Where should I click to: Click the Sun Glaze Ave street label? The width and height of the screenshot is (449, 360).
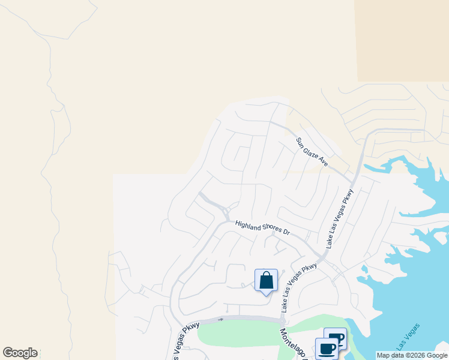click(312, 152)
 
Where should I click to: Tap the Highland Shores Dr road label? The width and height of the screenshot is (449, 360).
click(262, 227)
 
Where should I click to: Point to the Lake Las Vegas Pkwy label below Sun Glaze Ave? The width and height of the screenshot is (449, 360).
click(340, 219)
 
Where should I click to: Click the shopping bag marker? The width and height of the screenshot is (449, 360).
click(266, 281)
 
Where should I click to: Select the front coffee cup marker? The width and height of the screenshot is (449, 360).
click(327, 349)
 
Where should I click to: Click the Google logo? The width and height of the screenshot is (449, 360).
click(20, 353)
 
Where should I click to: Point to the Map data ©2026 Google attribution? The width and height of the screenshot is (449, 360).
click(412, 355)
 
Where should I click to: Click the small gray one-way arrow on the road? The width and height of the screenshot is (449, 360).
click(221, 319)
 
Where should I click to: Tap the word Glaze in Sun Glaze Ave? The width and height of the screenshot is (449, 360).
click(312, 152)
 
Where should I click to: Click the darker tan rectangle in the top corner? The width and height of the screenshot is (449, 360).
click(403, 40)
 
